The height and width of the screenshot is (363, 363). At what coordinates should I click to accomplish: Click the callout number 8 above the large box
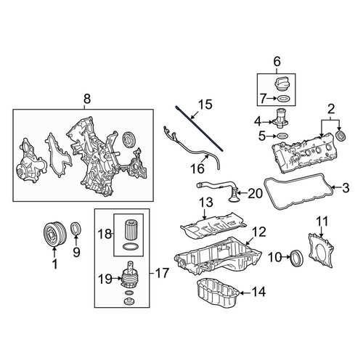(x=87, y=99)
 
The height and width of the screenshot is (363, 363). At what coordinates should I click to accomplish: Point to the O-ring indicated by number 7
(x=282, y=99)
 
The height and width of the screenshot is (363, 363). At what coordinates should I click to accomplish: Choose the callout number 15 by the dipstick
(x=205, y=105)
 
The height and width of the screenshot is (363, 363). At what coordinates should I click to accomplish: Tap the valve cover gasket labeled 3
(x=299, y=191)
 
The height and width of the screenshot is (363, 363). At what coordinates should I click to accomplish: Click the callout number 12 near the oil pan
(x=259, y=232)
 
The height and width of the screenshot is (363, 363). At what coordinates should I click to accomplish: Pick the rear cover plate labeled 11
(x=321, y=250)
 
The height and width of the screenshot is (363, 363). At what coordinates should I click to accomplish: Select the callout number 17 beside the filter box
(x=162, y=273)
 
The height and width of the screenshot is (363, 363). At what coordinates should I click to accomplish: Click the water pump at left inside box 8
(x=30, y=161)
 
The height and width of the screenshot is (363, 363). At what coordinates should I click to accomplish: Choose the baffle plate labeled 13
(x=213, y=226)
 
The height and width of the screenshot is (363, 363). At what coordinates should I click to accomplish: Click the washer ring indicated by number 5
(x=282, y=136)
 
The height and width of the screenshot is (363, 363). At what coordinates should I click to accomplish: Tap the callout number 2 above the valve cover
(x=331, y=110)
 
